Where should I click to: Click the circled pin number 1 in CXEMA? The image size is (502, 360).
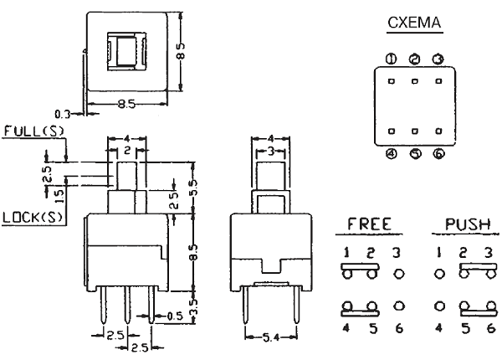tap(391, 59)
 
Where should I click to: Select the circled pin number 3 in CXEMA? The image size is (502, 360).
tap(438, 59)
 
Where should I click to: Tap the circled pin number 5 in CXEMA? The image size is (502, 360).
tap(415, 153)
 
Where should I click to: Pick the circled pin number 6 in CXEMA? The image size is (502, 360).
tap(438, 153)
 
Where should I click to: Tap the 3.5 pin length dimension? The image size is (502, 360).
tap(193, 314)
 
